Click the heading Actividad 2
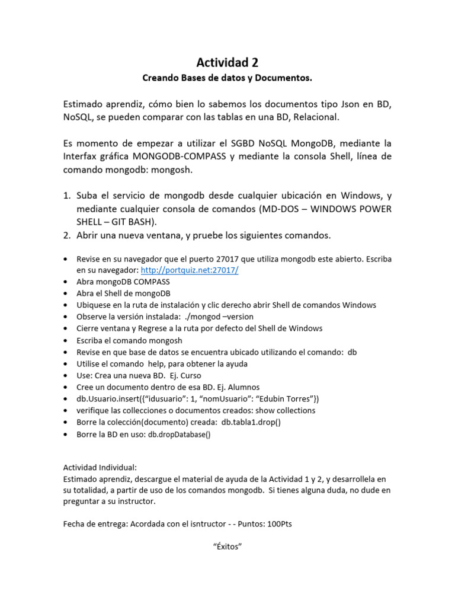click(227, 62)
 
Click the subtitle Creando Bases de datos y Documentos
click(227, 78)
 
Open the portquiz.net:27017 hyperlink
click(189, 270)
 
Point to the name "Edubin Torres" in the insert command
click(289, 399)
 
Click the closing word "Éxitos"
click(227, 546)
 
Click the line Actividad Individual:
click(99, 467)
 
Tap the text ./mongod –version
click(219, 317)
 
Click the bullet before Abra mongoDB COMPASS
click(65, 282)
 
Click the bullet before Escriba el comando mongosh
click(65, 340)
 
